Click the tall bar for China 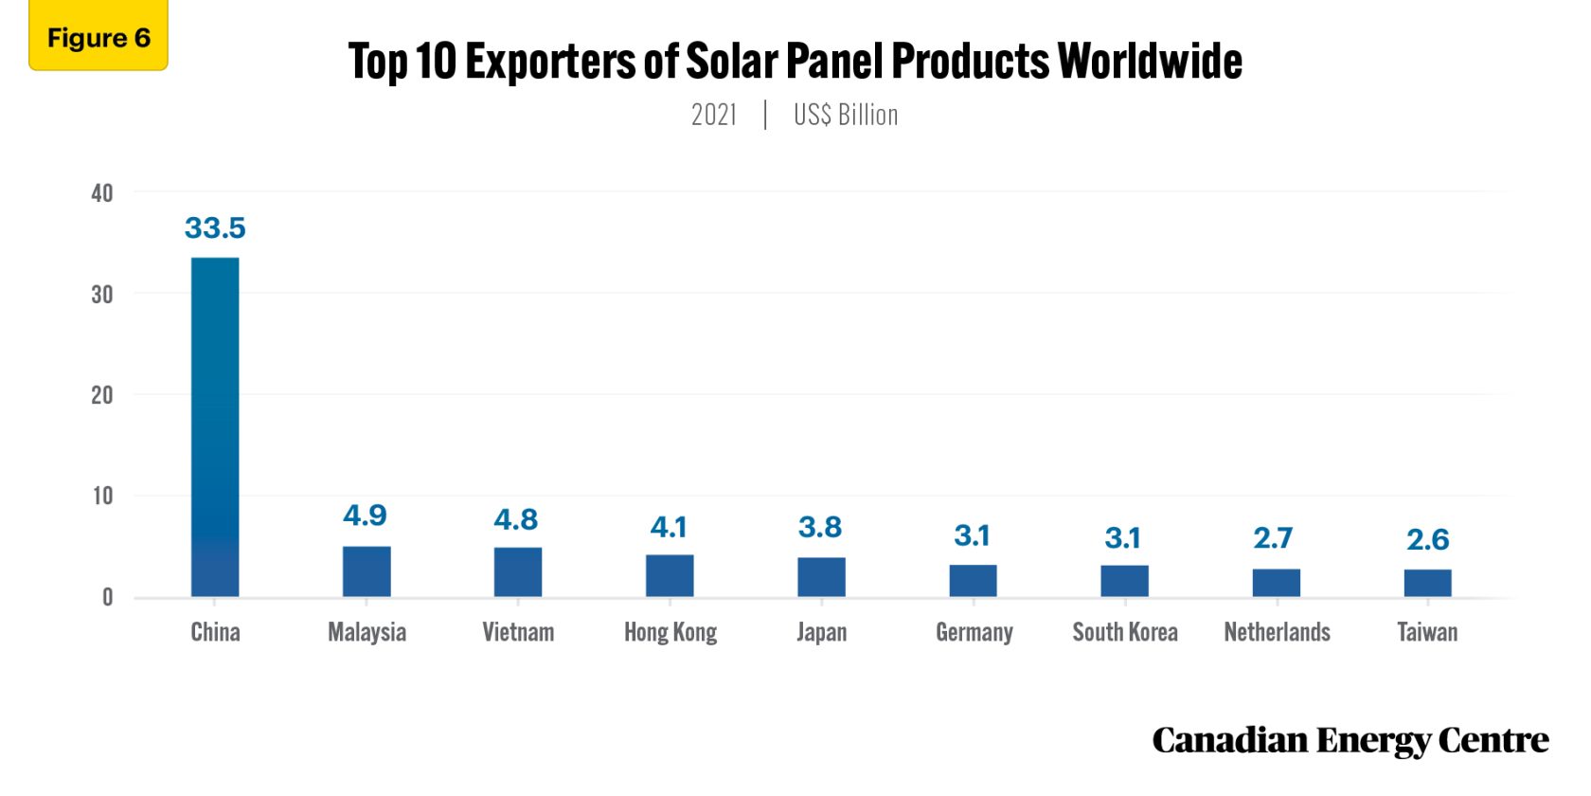coord(215,426)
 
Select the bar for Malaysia coord(366,571)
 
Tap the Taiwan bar coord(1427,583)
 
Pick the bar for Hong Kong coord(670,575)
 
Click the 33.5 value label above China coord(215,228)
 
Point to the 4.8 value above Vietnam coord(516,519)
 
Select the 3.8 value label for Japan coord(820,527)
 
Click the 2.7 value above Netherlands coord(1273,538)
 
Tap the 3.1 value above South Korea coord(1122,538)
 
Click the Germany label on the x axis coord(974,632)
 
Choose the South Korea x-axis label coord(1125,632)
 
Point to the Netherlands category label coord(1277,632)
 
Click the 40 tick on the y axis coord(101,193)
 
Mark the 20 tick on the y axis coord(101,395)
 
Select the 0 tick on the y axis coord(107,597)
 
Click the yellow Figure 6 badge coord(98,37)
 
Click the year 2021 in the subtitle coord(714,115)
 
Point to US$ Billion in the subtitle coord(846,115)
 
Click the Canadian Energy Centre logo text coord(1350,740)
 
